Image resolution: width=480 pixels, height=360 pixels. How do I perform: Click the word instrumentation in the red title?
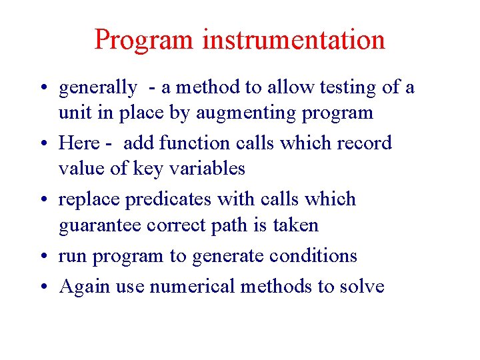pyautogui.click(x=294, y=39)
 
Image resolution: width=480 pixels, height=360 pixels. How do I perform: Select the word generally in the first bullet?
pyautogui.click(x=98, y=87)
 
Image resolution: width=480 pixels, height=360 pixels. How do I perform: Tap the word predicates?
pyautogui.click(x=166, y=199)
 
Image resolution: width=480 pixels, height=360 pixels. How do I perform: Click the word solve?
pyautogui.click(x=362, y=287)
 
